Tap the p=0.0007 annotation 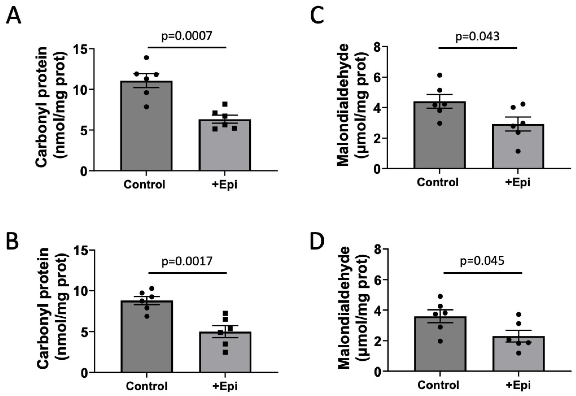[x=187, y=36]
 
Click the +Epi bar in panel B [x=225, y=354]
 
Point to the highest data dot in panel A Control [x=146, y=58]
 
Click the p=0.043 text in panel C [x=477, y=36]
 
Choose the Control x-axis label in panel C [x=438, y=182]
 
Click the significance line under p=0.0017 [x=187, y=273]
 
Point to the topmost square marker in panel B [x=225, y=313]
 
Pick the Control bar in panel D [x=440, y=352]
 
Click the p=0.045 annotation [x=482, y=261]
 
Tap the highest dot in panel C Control [x=439, y=75]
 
